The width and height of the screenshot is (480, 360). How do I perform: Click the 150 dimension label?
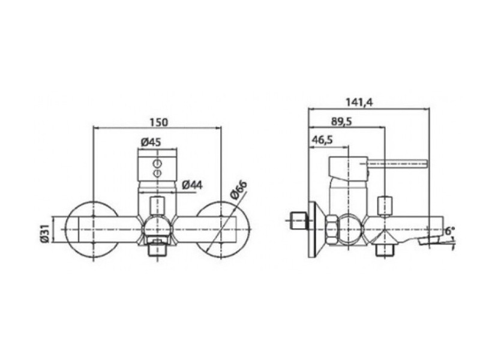[159, 122]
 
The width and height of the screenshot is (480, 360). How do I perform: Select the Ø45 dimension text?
[151, 142]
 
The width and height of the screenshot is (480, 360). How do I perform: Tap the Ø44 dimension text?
[192, 185]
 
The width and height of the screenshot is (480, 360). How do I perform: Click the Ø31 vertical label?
[44, 233]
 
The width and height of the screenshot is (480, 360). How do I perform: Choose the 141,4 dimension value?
[359, 102]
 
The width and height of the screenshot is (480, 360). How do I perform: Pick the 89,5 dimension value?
[341, 121]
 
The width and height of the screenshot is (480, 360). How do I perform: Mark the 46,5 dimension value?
[322, 140]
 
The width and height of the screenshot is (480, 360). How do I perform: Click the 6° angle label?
[450, 230]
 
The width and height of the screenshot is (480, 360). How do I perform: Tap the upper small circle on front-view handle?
[158, 164]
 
